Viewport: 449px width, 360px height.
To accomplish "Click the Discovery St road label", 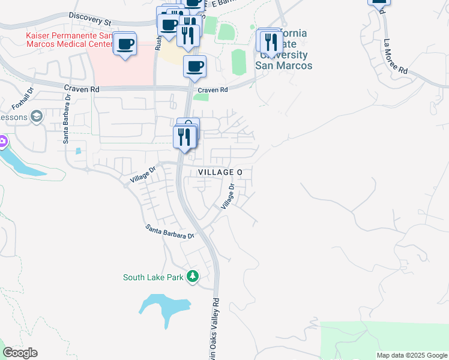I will (90, 19).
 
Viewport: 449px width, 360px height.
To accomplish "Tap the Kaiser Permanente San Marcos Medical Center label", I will (68, 40).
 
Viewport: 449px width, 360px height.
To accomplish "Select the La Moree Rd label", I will (396, 57).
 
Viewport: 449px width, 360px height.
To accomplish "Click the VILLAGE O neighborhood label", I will (220, 172).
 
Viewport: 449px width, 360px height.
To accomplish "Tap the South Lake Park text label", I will (153, 277).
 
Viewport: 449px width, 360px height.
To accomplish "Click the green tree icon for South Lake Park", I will (193, 277).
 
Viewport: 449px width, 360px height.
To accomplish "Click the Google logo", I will (20, 353).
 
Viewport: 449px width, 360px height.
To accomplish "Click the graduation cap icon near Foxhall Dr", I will (36, 115).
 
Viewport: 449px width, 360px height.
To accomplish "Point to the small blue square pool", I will (78, 151).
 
